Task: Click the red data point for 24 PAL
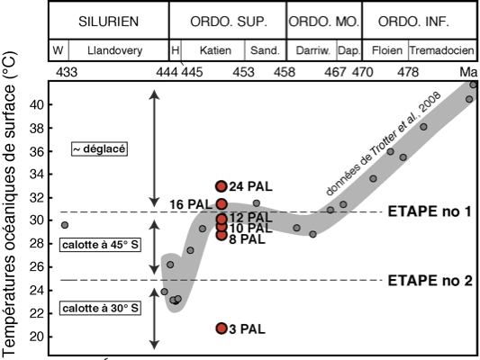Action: click(x=222, y=186)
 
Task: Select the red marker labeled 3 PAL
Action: click(x=222, y=328)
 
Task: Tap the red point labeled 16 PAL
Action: click(x=222, y=204)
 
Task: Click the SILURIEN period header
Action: click(x=109, y=22)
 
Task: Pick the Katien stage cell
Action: click(x=215, y=50)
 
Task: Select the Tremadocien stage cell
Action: click(x=442, y=50)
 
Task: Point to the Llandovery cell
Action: click(x=115, y=50)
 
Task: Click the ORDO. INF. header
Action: click(x=413, y=22)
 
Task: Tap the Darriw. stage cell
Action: click(x=312, y=50)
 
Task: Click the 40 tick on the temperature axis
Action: click(x=37, y=105)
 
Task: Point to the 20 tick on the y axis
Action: click(x=37, y=337)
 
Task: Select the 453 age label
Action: click(x=243, y=72)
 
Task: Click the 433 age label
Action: click(x=67, y=72)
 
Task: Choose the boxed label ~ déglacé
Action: click(x=99, y=149)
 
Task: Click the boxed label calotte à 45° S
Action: click(x=100, y=245)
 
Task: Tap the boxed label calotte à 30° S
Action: click(x=100, y=309)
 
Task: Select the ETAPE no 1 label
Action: click(x=430, y=211)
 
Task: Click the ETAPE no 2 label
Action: click(x=430, y=281)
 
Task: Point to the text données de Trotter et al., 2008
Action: click(x=384, y=143)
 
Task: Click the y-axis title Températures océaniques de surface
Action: click(x=9, y=204)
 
